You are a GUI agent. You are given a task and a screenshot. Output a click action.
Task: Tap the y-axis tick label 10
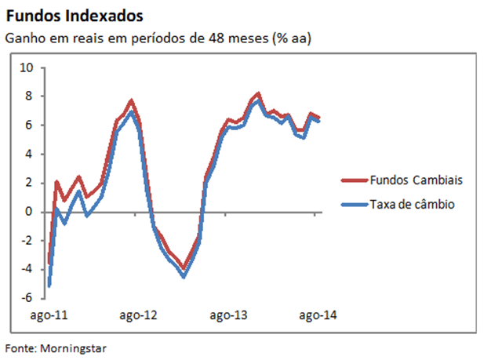[x=27, y=67]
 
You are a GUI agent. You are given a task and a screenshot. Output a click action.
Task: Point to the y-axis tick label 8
[x=30, y=96]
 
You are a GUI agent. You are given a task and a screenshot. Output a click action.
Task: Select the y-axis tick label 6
[x=30, y=125]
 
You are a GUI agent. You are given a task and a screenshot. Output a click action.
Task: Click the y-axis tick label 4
[x=30, y=154]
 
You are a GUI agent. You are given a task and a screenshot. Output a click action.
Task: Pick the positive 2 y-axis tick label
[x=30, y=183]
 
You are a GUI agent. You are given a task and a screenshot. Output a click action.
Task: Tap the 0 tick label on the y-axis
[x=30, y=212]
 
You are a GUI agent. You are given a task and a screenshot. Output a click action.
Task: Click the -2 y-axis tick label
[x=27, y=241]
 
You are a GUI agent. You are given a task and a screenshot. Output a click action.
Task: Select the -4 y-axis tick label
[x=27, y=269]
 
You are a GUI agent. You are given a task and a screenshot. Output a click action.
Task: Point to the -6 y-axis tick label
[x=27, y=298]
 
